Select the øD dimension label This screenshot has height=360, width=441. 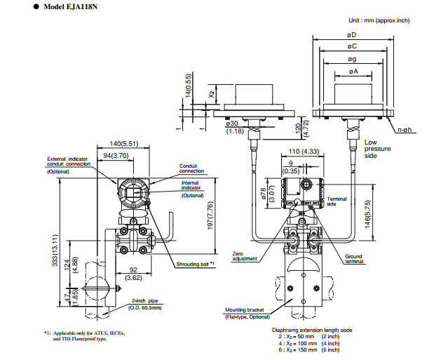(352, 34)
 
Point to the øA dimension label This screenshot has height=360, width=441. (353, 72)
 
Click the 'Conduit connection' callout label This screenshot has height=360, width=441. (192, 168)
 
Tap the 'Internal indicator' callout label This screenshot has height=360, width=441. (191, 185)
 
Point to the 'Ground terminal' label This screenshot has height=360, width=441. (353, 259)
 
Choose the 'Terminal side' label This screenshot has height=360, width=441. (337, 201)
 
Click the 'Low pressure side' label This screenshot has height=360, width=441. (377, 149)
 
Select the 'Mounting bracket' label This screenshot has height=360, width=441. (244, 309)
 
